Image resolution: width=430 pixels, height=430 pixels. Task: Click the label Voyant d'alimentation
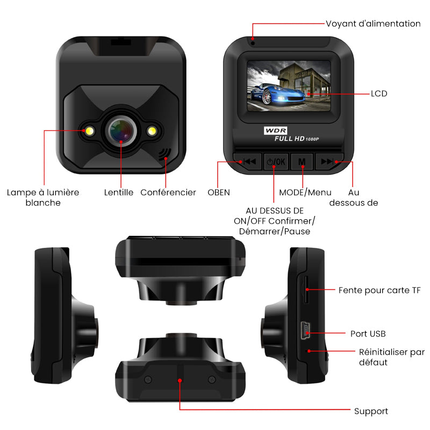(x=373, y=24)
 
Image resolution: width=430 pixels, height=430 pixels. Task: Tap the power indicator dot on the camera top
(x=253, y=43)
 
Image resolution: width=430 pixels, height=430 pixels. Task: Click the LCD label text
(x=379, y=94)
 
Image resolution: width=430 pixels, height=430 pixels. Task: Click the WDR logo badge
(x=276, y=130)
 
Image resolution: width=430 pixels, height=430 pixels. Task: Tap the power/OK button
(x=276, y=162)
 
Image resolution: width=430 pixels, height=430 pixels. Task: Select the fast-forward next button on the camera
(x=329, y=162)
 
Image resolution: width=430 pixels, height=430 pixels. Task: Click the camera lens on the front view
(x=121, y=131)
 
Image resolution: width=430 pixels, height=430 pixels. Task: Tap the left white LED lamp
(x=89, y=131)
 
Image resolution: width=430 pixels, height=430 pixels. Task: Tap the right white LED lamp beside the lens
(x=152, y=131)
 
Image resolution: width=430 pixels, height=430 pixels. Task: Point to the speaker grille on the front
(x=164, y=154)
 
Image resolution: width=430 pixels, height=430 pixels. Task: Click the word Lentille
(x=118, y=192)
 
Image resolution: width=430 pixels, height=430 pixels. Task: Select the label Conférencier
(x=168, y=192)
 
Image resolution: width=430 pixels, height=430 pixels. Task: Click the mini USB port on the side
(x=305, y=330)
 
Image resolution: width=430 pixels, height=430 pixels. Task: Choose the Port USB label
(x=368, y=334)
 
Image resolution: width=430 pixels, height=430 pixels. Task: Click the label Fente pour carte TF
(x=379, y=290)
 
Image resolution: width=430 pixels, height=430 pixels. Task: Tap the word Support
(x=371, y=411)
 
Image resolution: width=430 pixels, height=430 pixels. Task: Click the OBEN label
(x=219, y=192)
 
